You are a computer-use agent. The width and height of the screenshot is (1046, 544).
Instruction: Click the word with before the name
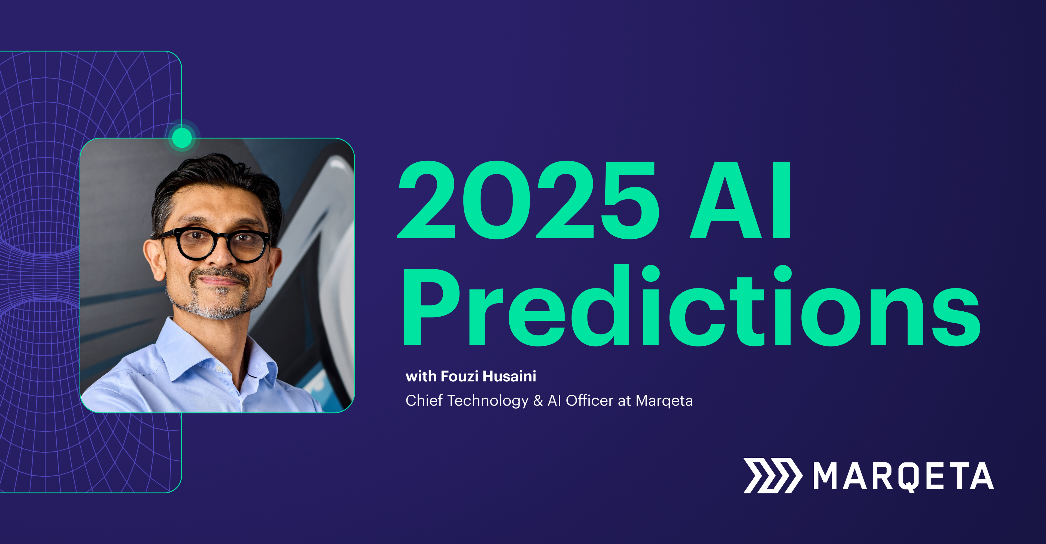click(x=421, y=376)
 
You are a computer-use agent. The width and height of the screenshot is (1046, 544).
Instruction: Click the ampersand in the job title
click(x=538, y=401)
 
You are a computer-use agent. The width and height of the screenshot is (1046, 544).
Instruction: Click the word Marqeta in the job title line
click(x=664, y=401)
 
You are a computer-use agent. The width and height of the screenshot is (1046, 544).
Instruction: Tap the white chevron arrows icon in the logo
click(x=772, y=475)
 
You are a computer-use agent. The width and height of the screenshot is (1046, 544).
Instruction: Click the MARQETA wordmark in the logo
click(x=904, y=476)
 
